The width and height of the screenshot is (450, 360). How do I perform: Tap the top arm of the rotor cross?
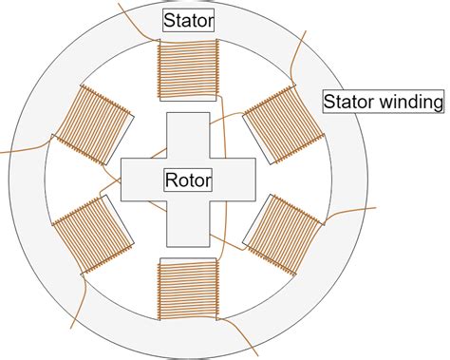[x=189, y=133]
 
